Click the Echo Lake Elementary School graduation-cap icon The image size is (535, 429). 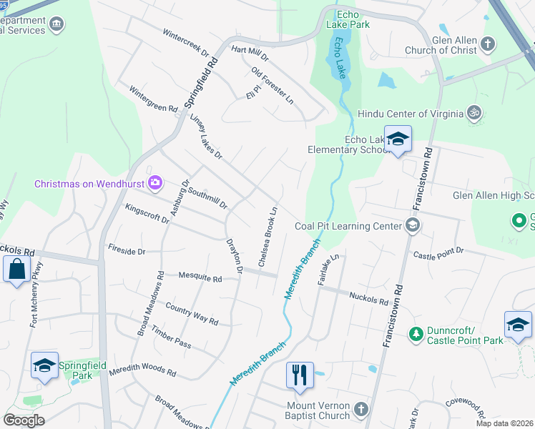pos(398,139)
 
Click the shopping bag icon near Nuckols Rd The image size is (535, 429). pos(16,270)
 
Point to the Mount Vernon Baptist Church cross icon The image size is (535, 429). pos(361,410)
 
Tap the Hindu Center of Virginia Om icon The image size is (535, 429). pos(472,113)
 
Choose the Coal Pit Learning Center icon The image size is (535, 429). pos(412,226)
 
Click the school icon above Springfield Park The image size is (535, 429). pos(44,365)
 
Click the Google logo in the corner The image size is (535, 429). pos(24,420)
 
